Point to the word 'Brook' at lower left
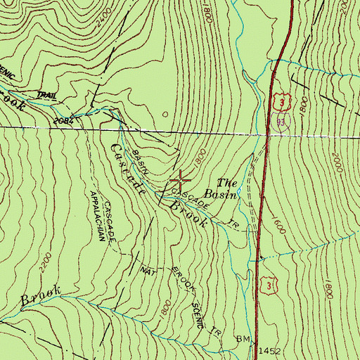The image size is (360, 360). pyautogui.click(x=40, y=295)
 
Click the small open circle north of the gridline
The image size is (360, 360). pyautogui.click(x=165, y=112)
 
